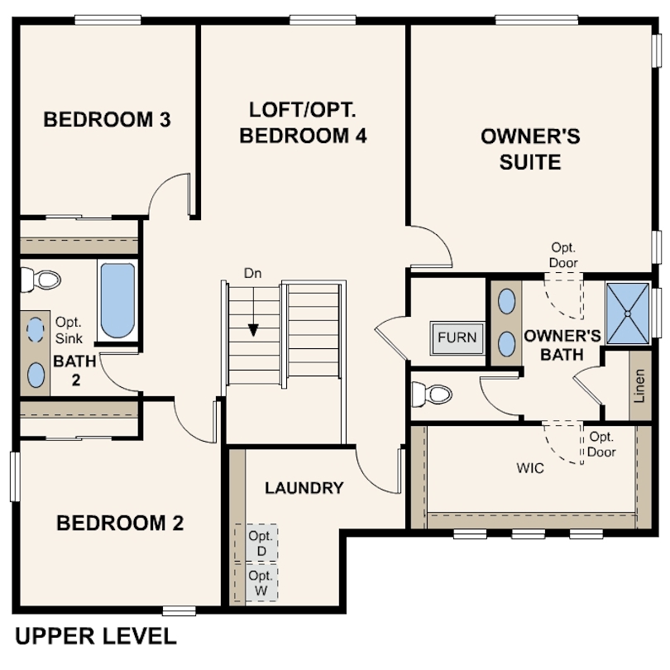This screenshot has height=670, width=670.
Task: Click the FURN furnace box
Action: click(457, 337)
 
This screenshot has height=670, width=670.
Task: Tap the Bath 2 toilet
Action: click(41, 280)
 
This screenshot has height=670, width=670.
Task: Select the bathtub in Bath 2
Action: click(117, 300)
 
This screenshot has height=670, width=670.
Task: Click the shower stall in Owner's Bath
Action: click(628, 313)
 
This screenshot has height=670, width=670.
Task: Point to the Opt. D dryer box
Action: click(256, 543)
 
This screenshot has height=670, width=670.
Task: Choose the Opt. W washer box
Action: click(256, 582)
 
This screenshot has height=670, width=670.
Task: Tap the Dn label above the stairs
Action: click(252, 274)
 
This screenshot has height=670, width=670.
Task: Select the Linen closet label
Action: click(639, 385)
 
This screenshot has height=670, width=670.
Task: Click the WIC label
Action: click(530, 468)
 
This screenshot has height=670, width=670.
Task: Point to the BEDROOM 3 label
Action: click(107, 119)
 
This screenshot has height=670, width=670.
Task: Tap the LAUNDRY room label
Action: click(304, 488)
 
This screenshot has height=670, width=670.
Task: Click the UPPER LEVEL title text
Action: click(96, 636)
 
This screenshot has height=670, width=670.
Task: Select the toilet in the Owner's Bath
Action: click(432, 394)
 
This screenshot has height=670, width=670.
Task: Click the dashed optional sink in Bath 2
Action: click(36, 330)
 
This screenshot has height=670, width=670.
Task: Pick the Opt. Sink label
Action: click(69, 330)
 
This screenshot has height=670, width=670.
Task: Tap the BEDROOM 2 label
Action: click(120, 523)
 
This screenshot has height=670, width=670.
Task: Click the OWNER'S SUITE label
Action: click(530, 149)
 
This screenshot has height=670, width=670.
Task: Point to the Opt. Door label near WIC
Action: click(601, 444)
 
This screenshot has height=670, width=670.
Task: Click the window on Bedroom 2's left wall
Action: click(15, 476)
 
